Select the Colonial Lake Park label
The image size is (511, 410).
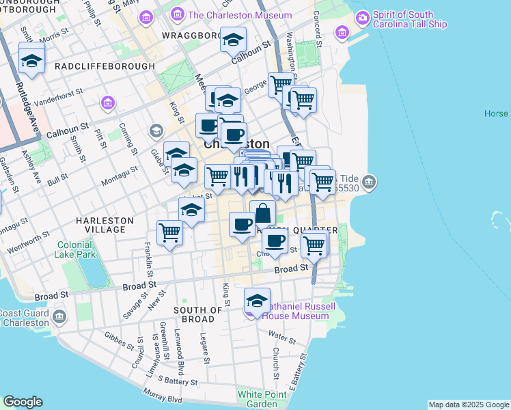click(75, 249)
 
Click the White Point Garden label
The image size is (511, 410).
click(258, 399)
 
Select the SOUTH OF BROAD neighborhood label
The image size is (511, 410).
click(198, 314)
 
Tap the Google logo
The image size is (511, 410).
click(22, 402)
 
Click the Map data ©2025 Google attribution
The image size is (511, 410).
click(469, 405)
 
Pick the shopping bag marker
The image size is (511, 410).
click(262, 213)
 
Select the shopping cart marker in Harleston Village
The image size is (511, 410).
click(169, 232)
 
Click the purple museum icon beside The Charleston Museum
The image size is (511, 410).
click(178, 15)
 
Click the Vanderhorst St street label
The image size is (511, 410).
click(59, 94)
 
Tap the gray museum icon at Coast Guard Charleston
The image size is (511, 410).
click(59, 317)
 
